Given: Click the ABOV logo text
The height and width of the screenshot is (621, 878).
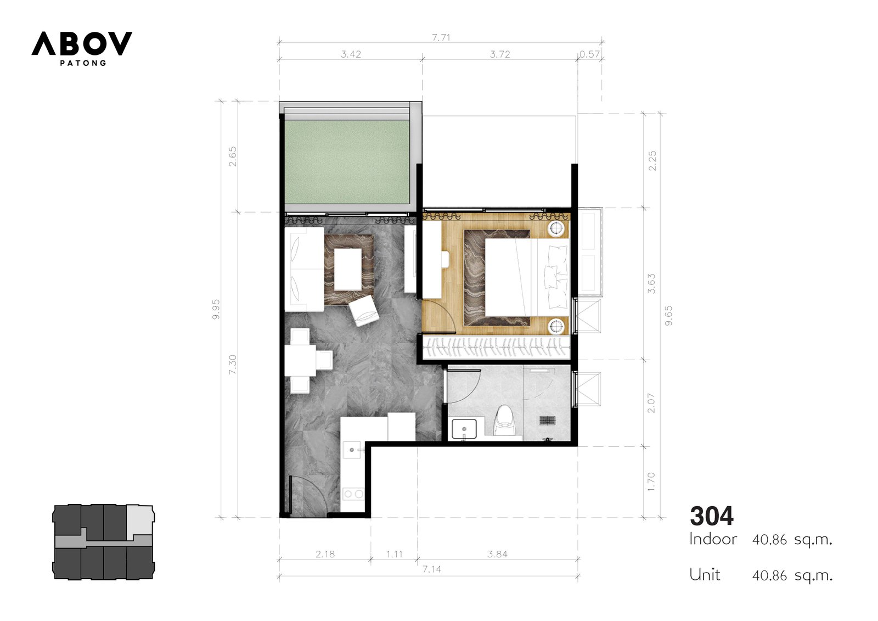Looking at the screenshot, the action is (x=82, y=43).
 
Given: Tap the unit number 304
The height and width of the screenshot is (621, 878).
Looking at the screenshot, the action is (x=711, y=516).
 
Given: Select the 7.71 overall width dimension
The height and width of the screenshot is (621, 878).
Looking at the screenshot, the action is (x=441, y=38).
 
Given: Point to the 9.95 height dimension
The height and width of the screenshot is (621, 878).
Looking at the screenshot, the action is (x=216, y=309).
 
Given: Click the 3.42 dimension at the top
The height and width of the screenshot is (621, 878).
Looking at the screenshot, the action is (x=351, y=54).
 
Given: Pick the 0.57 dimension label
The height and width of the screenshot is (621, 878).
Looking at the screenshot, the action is (x=589, y=54).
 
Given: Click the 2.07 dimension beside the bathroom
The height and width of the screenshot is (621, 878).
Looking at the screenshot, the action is (x=651, y=403).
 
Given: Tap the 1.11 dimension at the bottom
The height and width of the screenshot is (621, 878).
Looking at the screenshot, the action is (x=395, y=554).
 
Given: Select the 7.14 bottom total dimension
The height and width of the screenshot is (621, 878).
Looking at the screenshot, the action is (x=431, y=569).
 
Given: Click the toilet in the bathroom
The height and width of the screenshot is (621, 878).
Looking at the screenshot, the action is (x=504, y=421).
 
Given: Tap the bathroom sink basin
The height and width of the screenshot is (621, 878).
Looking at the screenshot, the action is (x=464, y=428).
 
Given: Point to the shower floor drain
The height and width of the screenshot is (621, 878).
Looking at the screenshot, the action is (x=548, y=420).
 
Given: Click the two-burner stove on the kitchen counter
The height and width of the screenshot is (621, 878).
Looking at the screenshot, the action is (x=353, y=494).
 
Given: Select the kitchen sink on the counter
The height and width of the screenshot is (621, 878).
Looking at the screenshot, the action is (x=352, y=450).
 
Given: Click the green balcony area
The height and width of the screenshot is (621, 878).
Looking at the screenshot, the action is (x=347, y=161).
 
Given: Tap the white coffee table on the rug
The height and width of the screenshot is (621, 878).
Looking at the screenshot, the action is (x=348, y=269).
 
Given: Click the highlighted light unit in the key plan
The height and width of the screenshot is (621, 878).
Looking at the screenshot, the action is (x=140, y=520).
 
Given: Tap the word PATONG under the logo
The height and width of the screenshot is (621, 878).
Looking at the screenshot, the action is (x=83, y=63).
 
